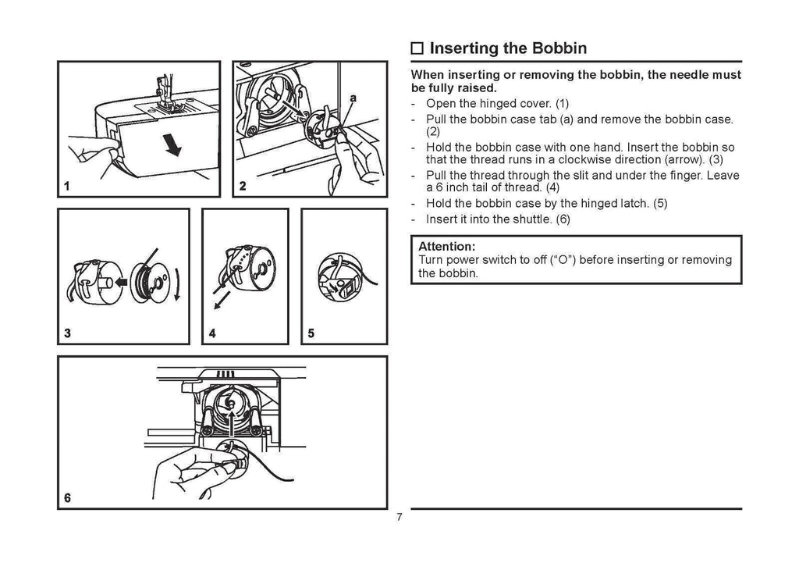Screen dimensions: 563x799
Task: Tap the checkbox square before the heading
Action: pyautogui.click(x=417, y=49)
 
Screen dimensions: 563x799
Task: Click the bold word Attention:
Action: pyautogui.click(x=447, y=245)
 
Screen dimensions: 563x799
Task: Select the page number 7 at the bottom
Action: pyautogui.click(x=399, y=519)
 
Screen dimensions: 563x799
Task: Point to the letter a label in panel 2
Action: pyautogui.click(x=353, y=99)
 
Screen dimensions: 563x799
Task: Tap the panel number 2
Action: pyautogui.click(x=242, y=187)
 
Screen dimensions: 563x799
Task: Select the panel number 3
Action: pyautogui.click(x=68, y=333)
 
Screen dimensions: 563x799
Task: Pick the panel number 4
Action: pyautogui.click(x=211, y=333)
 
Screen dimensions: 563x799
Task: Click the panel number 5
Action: pyautogui.click(x=311, y=333)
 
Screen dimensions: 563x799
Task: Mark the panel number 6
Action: pyautogui.click(x=68, y=498)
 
